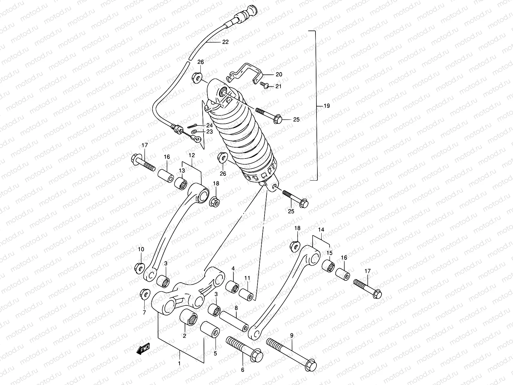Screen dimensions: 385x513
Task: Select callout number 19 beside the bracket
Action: tap(326, 106)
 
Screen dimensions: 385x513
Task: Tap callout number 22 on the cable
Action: tap(225, 42)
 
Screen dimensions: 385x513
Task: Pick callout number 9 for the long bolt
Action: tap(291, 336)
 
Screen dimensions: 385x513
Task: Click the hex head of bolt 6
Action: tap(257, 356)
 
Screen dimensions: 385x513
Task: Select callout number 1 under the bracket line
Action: tap(179, 364)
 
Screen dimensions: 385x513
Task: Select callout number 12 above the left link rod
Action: tap(192, 155)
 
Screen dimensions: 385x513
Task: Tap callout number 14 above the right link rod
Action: tap(321, 230)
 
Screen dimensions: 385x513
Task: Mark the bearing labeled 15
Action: tap(329, 266)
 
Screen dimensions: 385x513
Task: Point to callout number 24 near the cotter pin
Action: tap(210, 125)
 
